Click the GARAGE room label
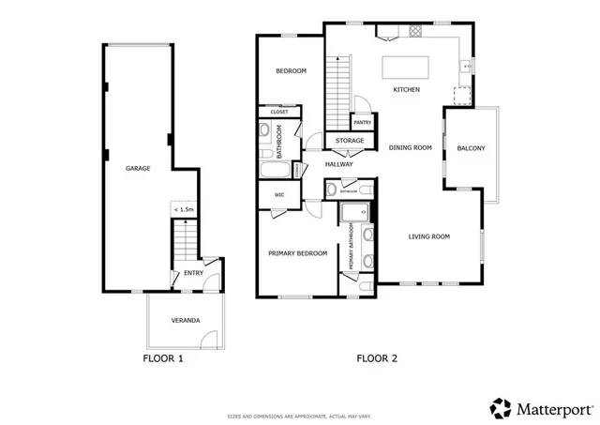[x=139, y=169]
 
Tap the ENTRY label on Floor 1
[x=193, y=273]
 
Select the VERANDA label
[x=185, y=321]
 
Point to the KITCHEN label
[x=406, y=90]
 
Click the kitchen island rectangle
[x=406, y=68]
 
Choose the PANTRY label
[x=362, y=122]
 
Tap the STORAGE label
[x=350, y=142]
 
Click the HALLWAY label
[x=338, y=164]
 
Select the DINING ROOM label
[x=410, y=147]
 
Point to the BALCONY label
[x=471, y=148]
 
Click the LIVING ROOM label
[x=429, y=236]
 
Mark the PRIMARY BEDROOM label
[x=297, y=253]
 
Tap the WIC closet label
[x=279, y=195]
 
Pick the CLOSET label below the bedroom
[x=279, y=112]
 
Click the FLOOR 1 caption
[x=162, y=358]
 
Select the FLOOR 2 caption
[x=377, y=358]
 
